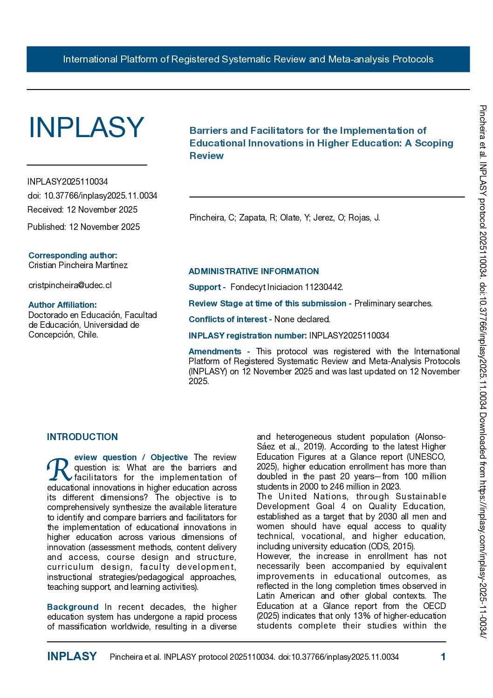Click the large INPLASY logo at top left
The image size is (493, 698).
[86, 127]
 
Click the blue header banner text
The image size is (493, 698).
[248, 59]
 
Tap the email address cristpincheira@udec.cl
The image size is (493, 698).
[70, 285]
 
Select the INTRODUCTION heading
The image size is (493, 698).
[82, 437]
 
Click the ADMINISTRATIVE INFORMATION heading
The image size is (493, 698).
[253, 271]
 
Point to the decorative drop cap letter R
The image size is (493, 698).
[59, 469]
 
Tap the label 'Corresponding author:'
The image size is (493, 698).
[73, 255]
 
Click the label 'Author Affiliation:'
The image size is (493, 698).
[62, 305]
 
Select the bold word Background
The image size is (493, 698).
[73, 607]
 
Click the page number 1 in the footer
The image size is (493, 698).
[443, 657]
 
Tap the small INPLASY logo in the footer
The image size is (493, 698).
[72, 657]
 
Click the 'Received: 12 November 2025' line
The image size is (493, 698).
[82, 209]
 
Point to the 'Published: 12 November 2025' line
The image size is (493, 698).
[83, 227]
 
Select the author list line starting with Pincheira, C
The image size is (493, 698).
[285, 217]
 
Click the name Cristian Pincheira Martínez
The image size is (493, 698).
[78, 265]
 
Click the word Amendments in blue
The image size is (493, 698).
[215, 351]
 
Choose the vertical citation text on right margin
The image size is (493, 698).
[483, 368]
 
